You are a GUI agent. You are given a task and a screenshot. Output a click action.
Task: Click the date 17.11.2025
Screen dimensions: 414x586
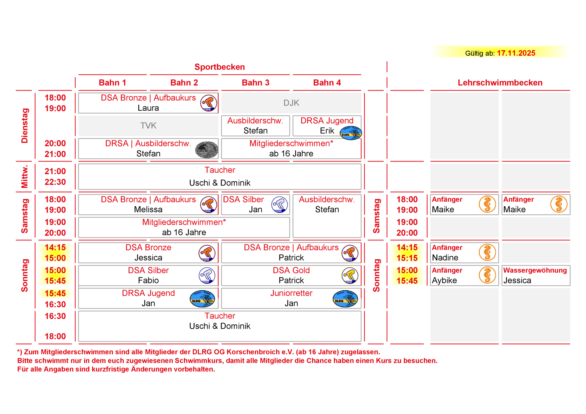[516, 53]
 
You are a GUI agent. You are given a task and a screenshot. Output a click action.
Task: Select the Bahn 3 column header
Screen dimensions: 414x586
[255, 83]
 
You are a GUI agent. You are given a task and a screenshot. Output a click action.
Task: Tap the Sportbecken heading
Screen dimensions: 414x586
[219, 67]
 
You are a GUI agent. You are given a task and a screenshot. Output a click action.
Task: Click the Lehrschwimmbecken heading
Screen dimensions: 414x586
[500, 83]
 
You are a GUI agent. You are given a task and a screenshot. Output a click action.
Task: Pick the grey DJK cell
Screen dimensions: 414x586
[291, 103]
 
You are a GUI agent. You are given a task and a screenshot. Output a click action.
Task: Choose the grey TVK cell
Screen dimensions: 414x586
[148, 126]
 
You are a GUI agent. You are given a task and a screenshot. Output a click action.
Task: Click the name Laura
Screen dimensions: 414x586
[148, 108]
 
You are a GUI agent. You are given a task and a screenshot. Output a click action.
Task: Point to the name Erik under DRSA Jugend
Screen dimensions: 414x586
[327, 131]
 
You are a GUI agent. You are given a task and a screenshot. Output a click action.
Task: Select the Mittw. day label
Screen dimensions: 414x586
[25, 176]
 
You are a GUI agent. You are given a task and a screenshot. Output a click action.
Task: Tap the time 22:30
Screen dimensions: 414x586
[55, 182]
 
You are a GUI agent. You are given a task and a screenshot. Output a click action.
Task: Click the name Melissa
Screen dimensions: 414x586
[148, 209]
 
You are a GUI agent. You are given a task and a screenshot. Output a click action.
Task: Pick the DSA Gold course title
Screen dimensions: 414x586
[291, 270]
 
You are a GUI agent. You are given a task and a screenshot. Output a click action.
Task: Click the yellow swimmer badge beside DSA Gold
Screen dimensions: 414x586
[350, 276]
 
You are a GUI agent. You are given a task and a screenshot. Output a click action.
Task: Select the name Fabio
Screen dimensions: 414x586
[148, 280]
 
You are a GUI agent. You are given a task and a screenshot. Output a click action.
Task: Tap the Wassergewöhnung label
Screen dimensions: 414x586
[535, 270]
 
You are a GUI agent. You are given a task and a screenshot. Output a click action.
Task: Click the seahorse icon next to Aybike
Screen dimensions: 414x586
[487, 275]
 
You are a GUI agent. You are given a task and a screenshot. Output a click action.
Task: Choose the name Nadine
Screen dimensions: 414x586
[445, 258]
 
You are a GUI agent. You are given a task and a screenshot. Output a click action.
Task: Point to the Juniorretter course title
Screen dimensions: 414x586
[291, 293]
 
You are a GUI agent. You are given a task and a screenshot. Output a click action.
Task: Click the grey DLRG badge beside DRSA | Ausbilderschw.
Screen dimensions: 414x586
[207, 150]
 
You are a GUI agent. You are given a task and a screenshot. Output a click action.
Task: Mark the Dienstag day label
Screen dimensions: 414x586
[25, 126]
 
